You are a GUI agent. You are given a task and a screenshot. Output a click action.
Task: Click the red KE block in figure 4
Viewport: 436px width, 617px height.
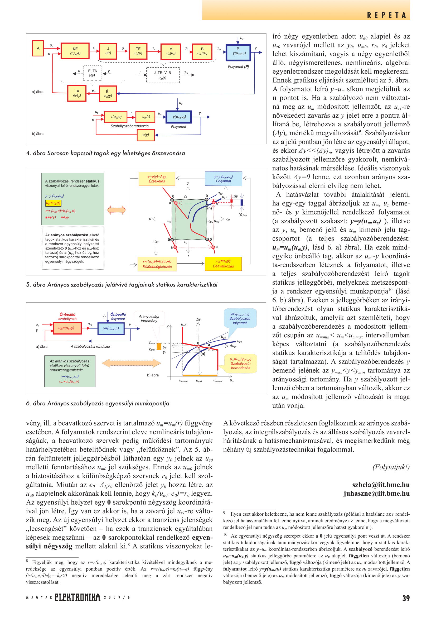coord(75,51)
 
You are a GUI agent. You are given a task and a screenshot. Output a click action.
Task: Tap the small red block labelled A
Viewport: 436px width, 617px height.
coord(38,48)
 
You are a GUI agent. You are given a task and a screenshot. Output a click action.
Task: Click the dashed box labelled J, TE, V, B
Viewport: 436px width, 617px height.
coord(163,75)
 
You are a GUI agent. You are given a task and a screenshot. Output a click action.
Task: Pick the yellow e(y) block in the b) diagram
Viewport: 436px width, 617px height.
coord(146,135)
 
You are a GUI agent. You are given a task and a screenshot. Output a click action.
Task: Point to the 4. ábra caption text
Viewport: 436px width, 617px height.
coord(105,153)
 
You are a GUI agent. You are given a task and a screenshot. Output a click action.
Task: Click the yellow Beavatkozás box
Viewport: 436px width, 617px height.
coord(223,264)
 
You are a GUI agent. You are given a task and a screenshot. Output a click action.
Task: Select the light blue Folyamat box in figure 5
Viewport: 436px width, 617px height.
coord(223,179)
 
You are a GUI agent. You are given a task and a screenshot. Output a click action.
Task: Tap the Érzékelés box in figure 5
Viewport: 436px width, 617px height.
coord(157,179)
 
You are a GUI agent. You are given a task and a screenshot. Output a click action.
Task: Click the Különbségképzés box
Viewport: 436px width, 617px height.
coord(157,264)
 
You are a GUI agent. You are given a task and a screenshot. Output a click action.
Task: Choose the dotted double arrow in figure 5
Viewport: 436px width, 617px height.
coord(116,210)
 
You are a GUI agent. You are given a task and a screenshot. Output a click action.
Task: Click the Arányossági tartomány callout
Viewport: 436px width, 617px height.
coord(149,319)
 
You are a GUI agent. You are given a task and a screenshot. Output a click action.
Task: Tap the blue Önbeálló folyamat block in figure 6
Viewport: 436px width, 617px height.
coord(111,328)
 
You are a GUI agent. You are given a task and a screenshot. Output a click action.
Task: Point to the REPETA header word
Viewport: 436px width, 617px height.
coord(387,15)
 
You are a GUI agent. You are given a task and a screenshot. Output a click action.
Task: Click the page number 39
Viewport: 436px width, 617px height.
coord(406,598)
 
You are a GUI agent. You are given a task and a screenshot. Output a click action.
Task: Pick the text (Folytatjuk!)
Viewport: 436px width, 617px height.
coord(391,467)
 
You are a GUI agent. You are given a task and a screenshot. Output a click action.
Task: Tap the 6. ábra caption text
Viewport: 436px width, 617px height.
coord(98,403)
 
